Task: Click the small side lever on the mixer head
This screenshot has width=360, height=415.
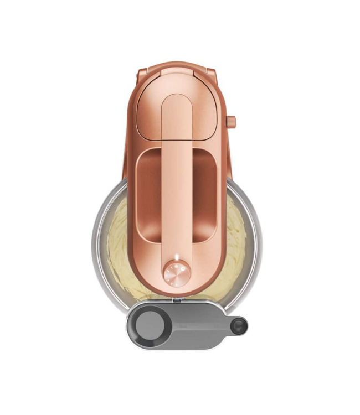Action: [x=230, y=121]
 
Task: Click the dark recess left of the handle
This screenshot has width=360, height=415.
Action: [x=148, y=199]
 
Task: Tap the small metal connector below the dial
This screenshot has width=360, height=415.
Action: [x=176, y=300]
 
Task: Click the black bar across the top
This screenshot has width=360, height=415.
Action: [x=180, y=14]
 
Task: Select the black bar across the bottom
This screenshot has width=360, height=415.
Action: [x=180, y=401]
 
